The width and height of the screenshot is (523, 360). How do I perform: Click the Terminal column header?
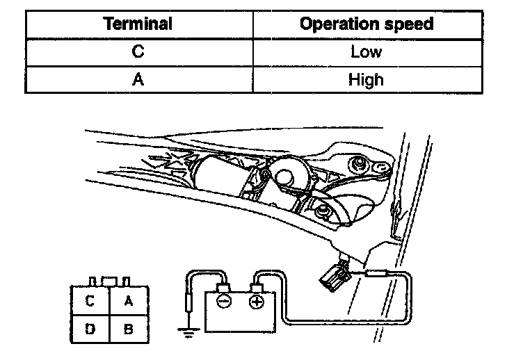(138, 24)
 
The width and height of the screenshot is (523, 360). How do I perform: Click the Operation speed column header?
(366, 24)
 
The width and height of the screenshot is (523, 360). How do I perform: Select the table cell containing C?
(138, 52)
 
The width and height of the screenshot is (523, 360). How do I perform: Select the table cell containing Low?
(366, 52)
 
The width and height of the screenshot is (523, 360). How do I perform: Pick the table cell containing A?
(138, 79)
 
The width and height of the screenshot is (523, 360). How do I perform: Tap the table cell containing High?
(366, 79)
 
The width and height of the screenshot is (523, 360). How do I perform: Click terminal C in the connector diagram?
(90, 301)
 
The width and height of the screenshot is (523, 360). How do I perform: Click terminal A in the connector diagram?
(128, 301)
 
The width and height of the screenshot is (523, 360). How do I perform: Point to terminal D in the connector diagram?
(90, 329)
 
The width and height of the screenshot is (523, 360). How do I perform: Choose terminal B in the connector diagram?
(128, 329)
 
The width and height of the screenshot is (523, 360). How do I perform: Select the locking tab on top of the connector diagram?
(108, 280)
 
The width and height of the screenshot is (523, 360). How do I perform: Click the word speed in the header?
(410, 24)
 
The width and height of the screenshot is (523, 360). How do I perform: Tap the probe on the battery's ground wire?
(187, 304)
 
